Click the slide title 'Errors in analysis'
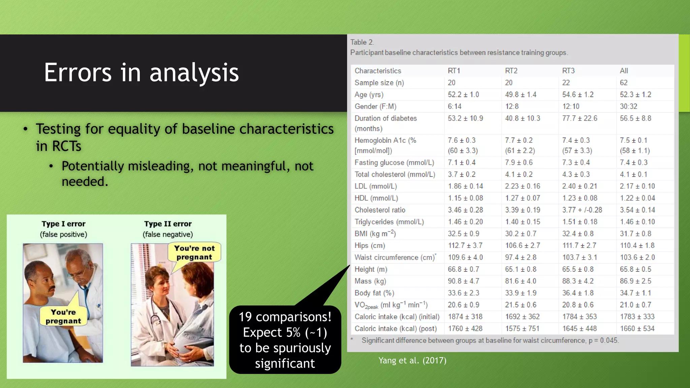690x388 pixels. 141,72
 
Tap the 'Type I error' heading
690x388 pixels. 63,224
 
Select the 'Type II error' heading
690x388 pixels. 168,224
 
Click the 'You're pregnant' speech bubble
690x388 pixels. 63,316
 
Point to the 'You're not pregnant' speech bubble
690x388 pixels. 194,253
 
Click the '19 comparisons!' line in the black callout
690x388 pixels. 285,317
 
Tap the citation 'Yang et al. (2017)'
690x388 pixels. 412,360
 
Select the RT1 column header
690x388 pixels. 454,71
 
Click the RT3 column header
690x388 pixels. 568,71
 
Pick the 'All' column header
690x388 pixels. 624,71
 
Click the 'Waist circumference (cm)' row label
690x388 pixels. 394,258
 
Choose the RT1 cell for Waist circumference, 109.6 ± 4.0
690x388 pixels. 465,258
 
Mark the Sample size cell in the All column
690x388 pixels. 624,83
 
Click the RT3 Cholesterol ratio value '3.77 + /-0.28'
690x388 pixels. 582,210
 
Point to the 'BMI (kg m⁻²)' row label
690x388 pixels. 375,234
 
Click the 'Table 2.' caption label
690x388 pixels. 362,42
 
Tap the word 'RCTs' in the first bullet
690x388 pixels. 59,146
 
